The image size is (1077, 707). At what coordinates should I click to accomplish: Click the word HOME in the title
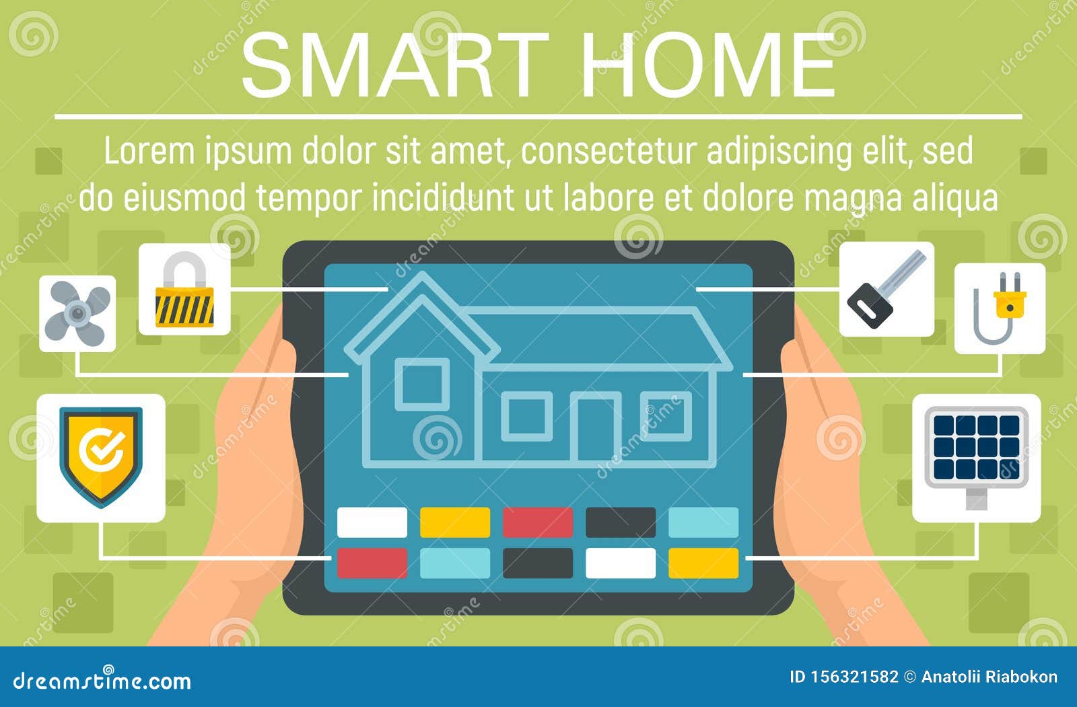708,65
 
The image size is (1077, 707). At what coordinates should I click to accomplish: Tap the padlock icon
184,290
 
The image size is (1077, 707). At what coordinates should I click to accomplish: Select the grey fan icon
77,313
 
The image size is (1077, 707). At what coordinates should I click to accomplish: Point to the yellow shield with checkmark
101,456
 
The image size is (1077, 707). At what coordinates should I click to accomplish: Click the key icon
886,289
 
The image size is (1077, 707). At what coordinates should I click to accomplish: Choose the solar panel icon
976,448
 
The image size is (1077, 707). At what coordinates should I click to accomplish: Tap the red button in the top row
538,523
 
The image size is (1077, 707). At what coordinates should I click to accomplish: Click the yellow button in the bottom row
703,563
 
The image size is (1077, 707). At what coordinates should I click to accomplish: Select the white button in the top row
372,523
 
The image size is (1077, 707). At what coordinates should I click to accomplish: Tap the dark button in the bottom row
538,563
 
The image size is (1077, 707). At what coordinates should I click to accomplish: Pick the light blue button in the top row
703,523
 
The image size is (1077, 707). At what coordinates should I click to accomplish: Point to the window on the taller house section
422,384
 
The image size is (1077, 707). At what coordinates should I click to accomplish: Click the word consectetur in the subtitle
609,151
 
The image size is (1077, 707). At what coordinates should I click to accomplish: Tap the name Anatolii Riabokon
989,677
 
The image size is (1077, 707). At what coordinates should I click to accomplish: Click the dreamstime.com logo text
102,681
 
